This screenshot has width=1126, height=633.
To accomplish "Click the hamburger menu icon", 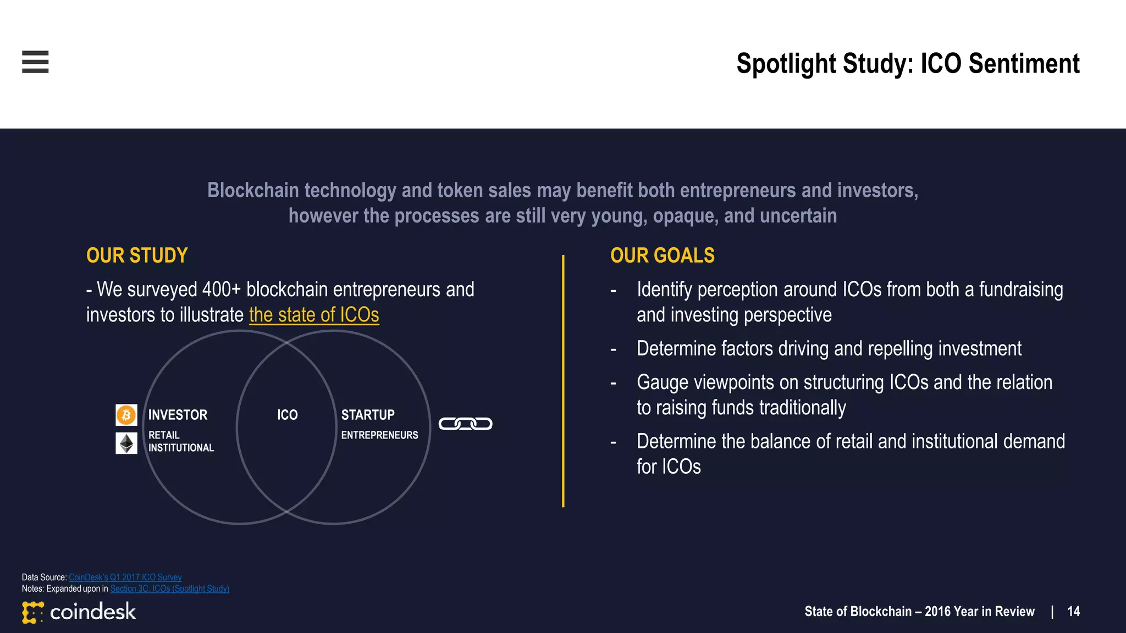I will (35, 62).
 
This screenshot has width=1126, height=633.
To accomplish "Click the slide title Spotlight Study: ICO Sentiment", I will (908, 63).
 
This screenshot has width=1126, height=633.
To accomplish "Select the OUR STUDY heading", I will (137, 256).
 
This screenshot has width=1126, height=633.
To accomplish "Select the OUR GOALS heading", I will (662, 256).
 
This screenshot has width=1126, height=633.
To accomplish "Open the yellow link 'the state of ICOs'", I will (314, 315).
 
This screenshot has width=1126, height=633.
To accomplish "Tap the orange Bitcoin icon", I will (126, 415).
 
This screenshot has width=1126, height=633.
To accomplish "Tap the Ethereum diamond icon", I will (126, 443).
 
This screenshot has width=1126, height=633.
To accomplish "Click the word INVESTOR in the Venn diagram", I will (178, 415).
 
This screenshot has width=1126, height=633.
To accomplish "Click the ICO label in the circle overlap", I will (287, 415).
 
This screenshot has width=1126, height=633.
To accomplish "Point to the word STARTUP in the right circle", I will (368, 415).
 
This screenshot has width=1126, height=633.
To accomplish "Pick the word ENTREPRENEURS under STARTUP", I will (379, 435).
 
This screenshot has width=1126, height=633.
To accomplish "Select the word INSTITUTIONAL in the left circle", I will (181, 448).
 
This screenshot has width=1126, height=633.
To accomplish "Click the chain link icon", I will (465, 424).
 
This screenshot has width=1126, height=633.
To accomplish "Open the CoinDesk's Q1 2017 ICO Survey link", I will (125, 577).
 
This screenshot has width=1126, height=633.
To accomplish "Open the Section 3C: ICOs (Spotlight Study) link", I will (169, 588).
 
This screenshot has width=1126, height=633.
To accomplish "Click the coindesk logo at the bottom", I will (79, 612).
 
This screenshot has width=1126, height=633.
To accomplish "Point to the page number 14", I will (1073, 612).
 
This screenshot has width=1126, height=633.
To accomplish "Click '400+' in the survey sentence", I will (221, 290).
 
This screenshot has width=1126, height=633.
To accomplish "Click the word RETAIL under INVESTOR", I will (164, 435).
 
